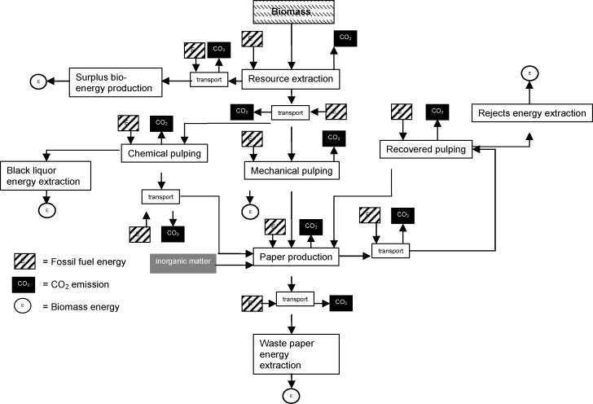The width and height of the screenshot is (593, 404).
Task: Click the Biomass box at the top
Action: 289,11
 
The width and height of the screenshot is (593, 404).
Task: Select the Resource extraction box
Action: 290,79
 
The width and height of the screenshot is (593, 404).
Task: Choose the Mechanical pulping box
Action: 291,171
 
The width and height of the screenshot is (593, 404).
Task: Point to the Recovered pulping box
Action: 427,149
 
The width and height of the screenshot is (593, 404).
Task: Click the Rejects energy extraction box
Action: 531,113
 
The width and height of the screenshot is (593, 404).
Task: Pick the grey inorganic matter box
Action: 182,262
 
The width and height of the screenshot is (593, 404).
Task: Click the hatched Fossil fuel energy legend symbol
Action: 24,262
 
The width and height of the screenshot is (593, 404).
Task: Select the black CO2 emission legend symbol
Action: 24,284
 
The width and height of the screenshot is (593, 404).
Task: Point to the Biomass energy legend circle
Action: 24,306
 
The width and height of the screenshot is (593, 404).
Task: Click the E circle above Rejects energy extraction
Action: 529,74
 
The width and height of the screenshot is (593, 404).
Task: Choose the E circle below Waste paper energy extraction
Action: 290,396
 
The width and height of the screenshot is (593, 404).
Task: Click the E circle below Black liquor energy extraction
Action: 48,210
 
